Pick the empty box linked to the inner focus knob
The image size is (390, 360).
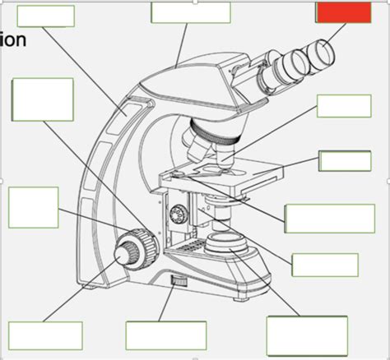click(x=46, y=335)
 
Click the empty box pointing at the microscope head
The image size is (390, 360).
click(x=190, y=12)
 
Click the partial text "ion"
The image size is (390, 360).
click(x=13, y=39)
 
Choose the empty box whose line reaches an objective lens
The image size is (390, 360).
click(x=343, y=106)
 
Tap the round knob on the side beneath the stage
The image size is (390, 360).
click(x=174, y=216)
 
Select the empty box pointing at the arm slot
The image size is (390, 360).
click(x=45, y=16)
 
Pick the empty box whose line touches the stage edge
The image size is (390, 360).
click(x=345, y=161)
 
